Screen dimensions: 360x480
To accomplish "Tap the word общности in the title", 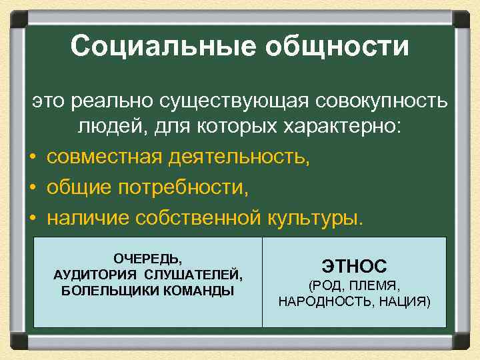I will click(337, 47).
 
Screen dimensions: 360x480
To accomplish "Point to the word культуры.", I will click(316, 218).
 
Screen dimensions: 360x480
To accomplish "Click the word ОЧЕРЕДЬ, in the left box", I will click(147, 257).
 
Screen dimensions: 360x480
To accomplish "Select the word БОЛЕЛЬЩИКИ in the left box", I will click(108, 291).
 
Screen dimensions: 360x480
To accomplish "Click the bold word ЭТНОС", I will click(354, 266).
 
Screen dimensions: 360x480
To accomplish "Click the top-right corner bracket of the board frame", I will click(461, 19).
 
